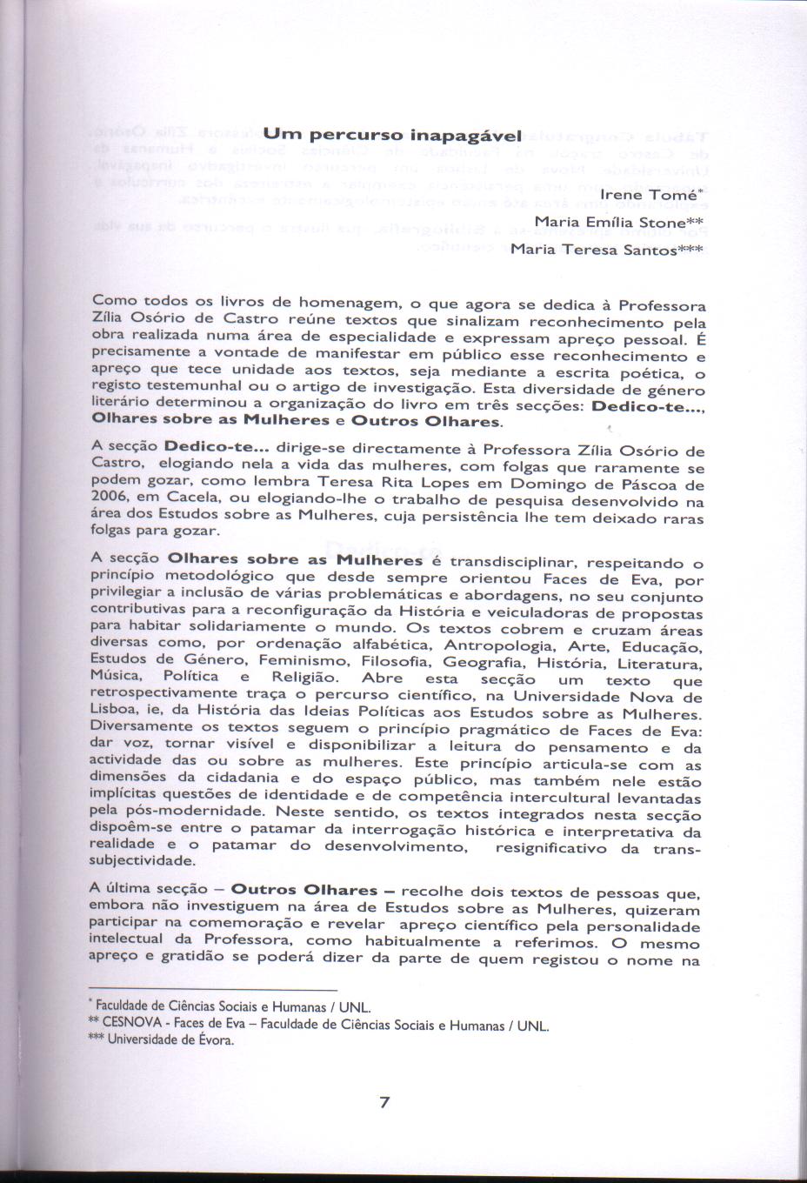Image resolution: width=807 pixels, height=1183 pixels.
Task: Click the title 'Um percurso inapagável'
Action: pos(391,136)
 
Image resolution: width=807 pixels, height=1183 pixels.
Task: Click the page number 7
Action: pos(384,1103)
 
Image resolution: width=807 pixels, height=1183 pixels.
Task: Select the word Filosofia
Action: pos(397,661)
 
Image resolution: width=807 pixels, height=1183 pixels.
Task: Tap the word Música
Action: pos(116,676)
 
